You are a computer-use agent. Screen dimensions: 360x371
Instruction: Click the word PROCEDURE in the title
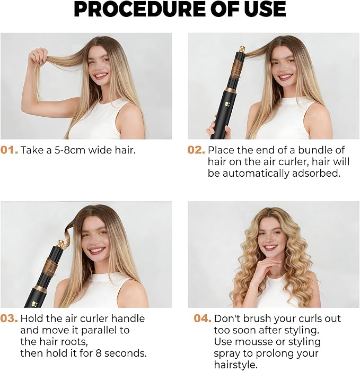pos(140,9)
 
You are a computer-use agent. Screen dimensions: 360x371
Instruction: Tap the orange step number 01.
pos(9,150)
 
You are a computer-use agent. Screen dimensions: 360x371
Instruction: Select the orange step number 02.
pos(196,150)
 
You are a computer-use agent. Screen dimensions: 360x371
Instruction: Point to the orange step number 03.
pos(9,318)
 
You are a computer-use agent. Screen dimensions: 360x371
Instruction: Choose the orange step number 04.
pos(203,318)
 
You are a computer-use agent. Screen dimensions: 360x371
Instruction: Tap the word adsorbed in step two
pos(316,174)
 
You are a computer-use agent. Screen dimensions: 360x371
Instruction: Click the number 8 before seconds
pos(98,353)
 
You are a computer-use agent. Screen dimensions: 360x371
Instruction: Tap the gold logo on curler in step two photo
pos(225,104)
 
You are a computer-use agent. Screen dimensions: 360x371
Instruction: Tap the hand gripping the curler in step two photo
pos(218,128)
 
